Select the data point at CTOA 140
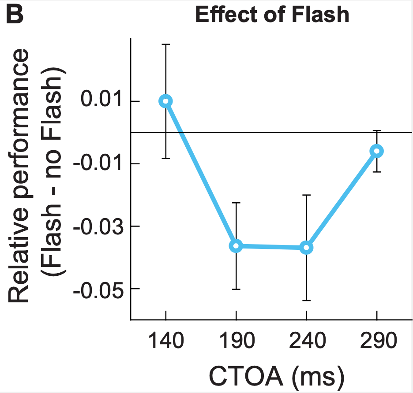pyautogui.click(x=166, y=101)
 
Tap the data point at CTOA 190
pyautogui.click(x=237, y=246)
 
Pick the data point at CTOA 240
pyautogui.click(x=307, y=248)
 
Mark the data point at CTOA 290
pyautogui.click(x=377, y=151)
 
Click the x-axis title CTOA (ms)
pyautogui.click(x=276, y=377)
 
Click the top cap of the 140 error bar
pyautogui.click(x=166, y=44)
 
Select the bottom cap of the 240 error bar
pyautogui.click(x=307, y=300)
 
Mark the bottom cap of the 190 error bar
pyautogui.click(x=237, y=289)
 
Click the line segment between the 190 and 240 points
pyautogui.click(x=271, y=247)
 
